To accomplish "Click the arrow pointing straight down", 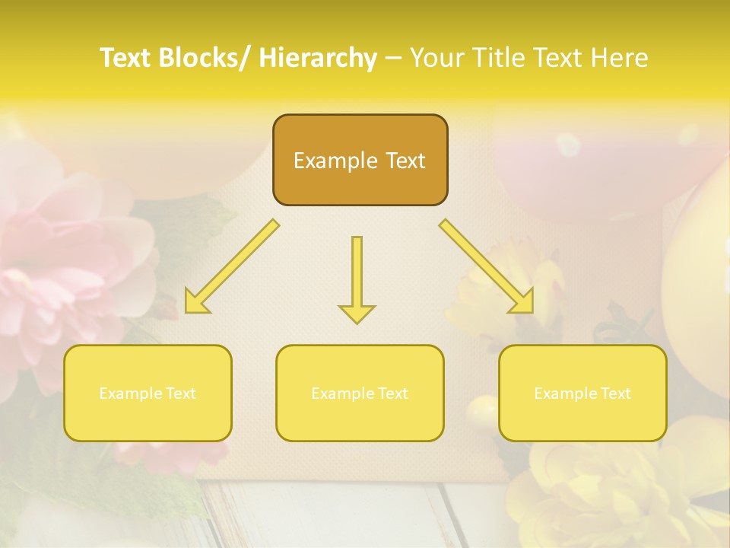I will (357, 274).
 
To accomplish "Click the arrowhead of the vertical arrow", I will (357, 312).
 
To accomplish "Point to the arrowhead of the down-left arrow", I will (195, 303).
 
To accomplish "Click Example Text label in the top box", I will (360, 161).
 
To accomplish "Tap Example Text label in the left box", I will (148, 393).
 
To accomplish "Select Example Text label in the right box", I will (582, 393).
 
